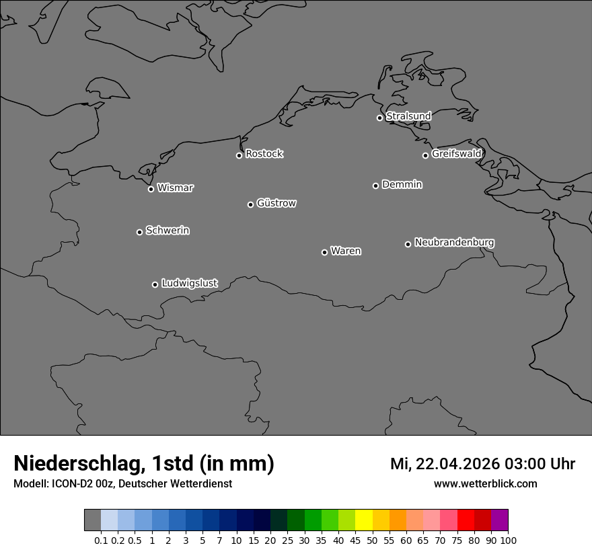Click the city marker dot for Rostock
[239, 155]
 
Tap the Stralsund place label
[408, 116]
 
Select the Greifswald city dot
[425, 155]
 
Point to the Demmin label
[402, 184]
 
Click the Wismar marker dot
[151, 189]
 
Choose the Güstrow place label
[276, 203]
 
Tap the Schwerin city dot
[139, 232]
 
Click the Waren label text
[346, 251]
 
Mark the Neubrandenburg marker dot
[408, 244]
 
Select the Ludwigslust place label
[190, 283]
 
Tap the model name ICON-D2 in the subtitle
[71, 483]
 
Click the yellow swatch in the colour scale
[364, 520]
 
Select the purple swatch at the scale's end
[499, 520]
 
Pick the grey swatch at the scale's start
[92, 520]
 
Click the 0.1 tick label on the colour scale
[101, 540]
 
